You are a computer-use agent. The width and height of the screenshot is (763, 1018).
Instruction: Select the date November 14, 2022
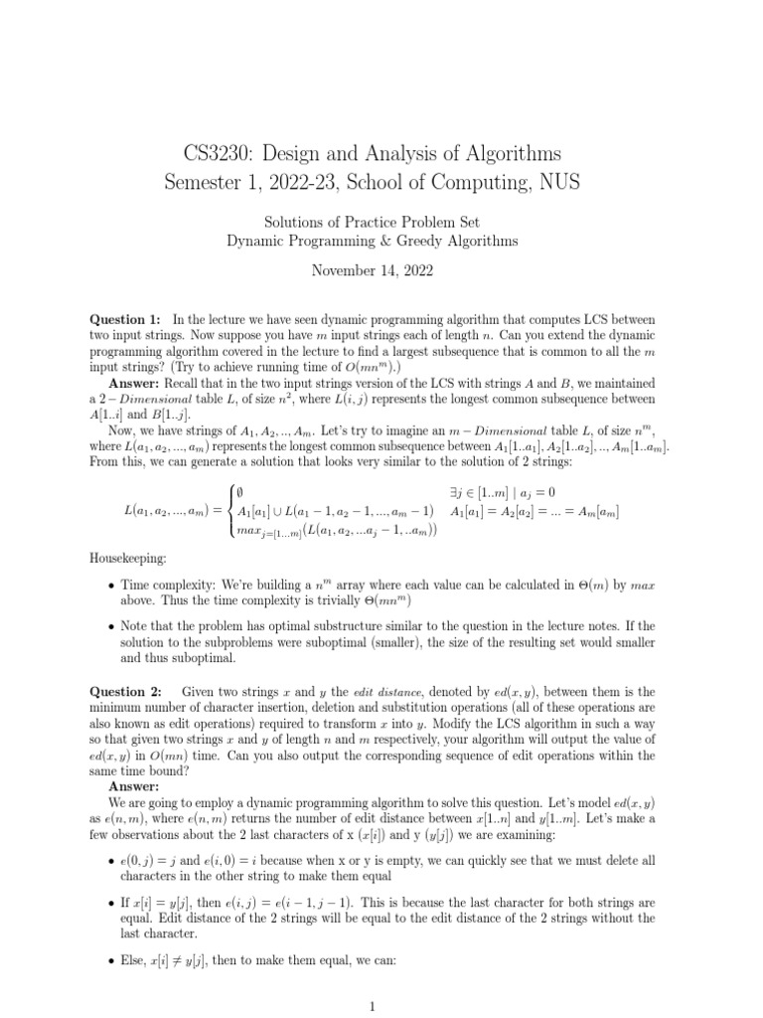pos(381,270)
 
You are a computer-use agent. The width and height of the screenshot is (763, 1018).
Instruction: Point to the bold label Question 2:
pos(125,691)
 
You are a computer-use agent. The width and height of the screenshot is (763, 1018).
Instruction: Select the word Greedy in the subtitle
pos(446,240)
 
